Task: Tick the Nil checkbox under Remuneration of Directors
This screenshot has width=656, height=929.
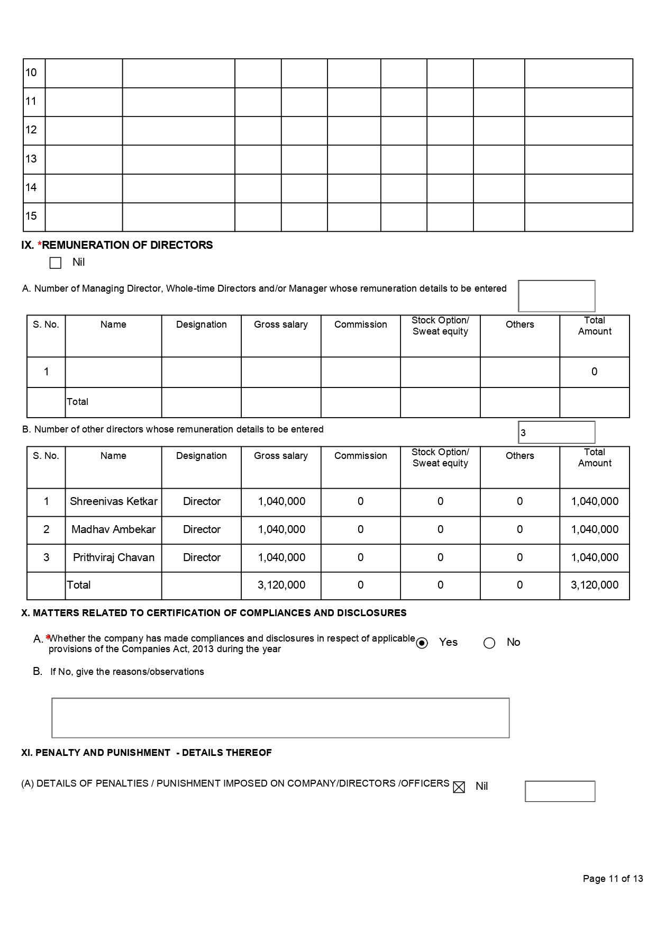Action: point(56,263)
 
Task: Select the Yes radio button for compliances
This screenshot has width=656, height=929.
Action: point(422,643)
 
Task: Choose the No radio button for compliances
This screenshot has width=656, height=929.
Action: point(489,643)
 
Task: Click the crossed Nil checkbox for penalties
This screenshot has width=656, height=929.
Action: point(459,787)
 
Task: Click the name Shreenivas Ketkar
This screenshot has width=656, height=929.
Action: point(114,502)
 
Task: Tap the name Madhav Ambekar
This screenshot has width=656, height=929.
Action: point(114,530)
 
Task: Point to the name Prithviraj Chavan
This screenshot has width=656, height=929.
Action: point(114,558)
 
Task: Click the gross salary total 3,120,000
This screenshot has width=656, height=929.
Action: point(281,585)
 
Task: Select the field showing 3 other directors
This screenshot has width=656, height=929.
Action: point(557,432)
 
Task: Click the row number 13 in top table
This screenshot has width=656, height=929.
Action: point(31,159)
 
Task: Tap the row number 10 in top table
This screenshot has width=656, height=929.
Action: point(31,73)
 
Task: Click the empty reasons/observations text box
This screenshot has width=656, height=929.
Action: point(280,718)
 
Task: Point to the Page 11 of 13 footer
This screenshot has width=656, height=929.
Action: point(613,879)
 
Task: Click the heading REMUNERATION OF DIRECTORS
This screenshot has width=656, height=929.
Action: point(127,245)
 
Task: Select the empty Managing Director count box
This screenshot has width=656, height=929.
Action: point(557,296)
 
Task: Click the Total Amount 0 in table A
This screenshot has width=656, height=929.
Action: point(594,372)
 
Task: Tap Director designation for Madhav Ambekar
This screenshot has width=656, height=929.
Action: point(202,530)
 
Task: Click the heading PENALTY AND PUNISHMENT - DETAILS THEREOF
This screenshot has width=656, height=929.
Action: point(147,753)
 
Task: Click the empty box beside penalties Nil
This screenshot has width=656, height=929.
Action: point(560,791)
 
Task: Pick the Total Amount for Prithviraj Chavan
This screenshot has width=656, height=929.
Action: point(595,558)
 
